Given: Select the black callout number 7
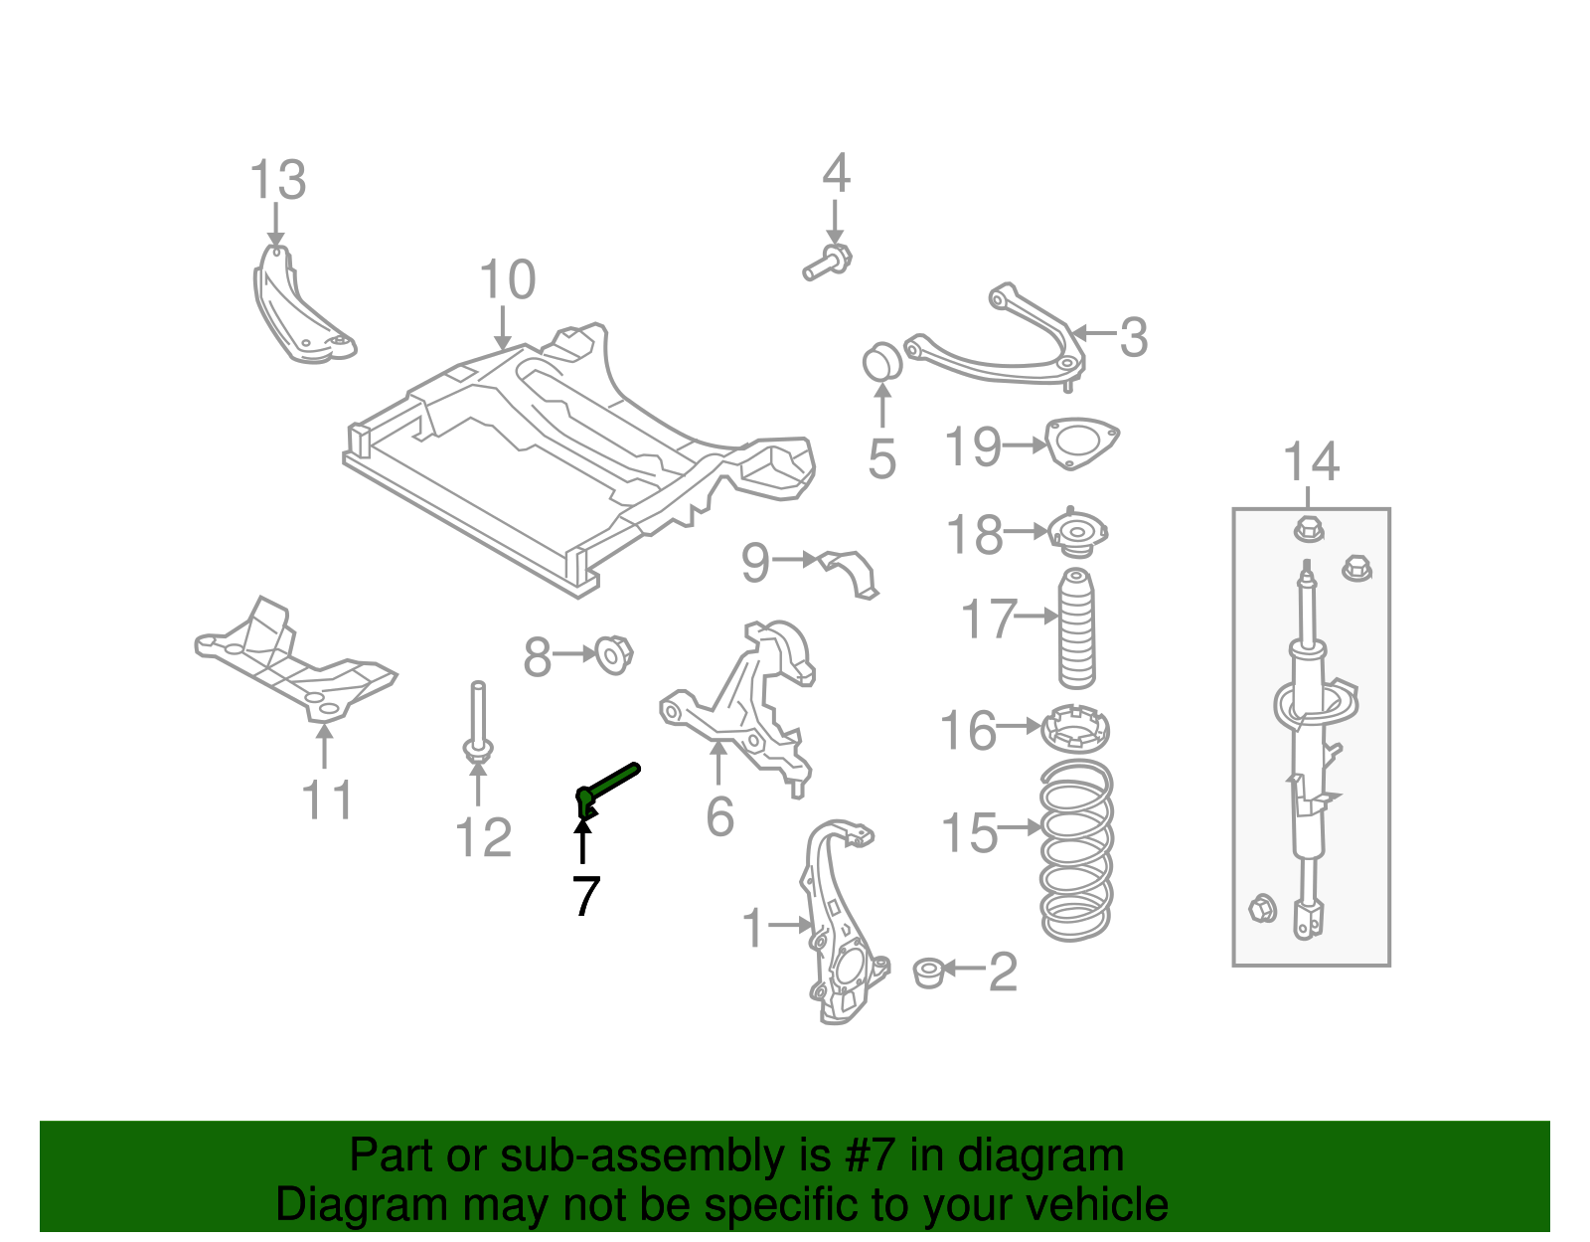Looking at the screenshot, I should click(x=586, y=896).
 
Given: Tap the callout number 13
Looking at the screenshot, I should click(x=277, y=181).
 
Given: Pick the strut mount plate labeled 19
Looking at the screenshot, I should click(x=1082, y=443).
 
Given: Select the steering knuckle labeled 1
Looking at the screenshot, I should click(x=835, y=925).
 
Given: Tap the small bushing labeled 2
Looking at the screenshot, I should click(x=928, y=972).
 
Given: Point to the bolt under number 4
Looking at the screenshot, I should click(x=828, y=263).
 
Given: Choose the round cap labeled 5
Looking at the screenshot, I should click(x=880, y=362).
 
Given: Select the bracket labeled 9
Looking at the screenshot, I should click(x=853, y=572).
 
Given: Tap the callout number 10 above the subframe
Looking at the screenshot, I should click(x=508, y=280).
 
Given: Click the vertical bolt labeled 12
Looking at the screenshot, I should click(x=478, y=726).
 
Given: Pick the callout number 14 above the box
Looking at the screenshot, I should click(x=1311, y=463).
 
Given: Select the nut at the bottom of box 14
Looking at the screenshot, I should click(x=1261, y=907).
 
